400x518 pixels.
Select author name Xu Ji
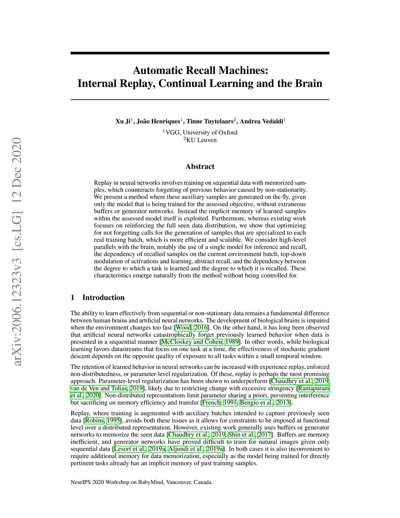pyautogui.click(x=123, y=122)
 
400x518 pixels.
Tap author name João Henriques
pyautogui.click(x=159, y=122)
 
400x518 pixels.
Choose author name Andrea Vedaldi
pyautogui.click(x=261, y=122)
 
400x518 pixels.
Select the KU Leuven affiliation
pyautogui.click(x=201, y=140)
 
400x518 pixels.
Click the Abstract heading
pyautogui.click(x=200, y=167)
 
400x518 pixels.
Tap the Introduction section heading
pyautogui.click(x=103, y=298)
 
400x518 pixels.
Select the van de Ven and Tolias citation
pyautogui.click(x=100, y=388)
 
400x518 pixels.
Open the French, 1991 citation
pyautogui.click(x=212, y=403)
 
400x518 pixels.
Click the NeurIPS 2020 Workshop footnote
pyautogui.click(x=141, y=482)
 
